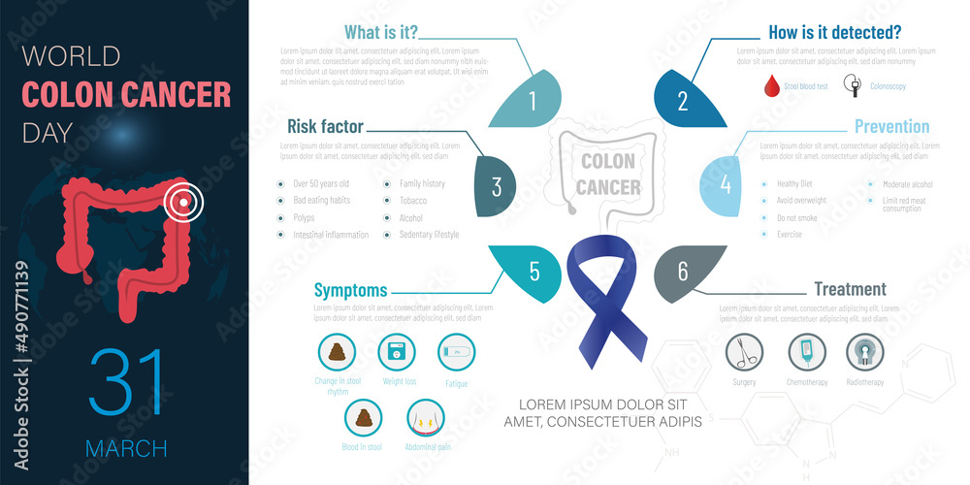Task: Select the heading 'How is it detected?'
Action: (x=835, y=32)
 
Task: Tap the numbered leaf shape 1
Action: (x=530, y=98)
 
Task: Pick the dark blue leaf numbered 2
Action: (x=687, y=98)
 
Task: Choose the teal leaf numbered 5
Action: (x=529, y=270)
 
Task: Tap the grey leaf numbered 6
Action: (x=686, y=271)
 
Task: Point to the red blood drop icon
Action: (x=772, y=86)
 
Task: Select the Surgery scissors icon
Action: (x=745, y=351)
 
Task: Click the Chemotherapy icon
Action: (x=806, y=351)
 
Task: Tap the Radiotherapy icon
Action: (x=865, y=351)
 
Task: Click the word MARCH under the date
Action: (x=126, y=448)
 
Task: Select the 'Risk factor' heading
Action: (x=325, y=125)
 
